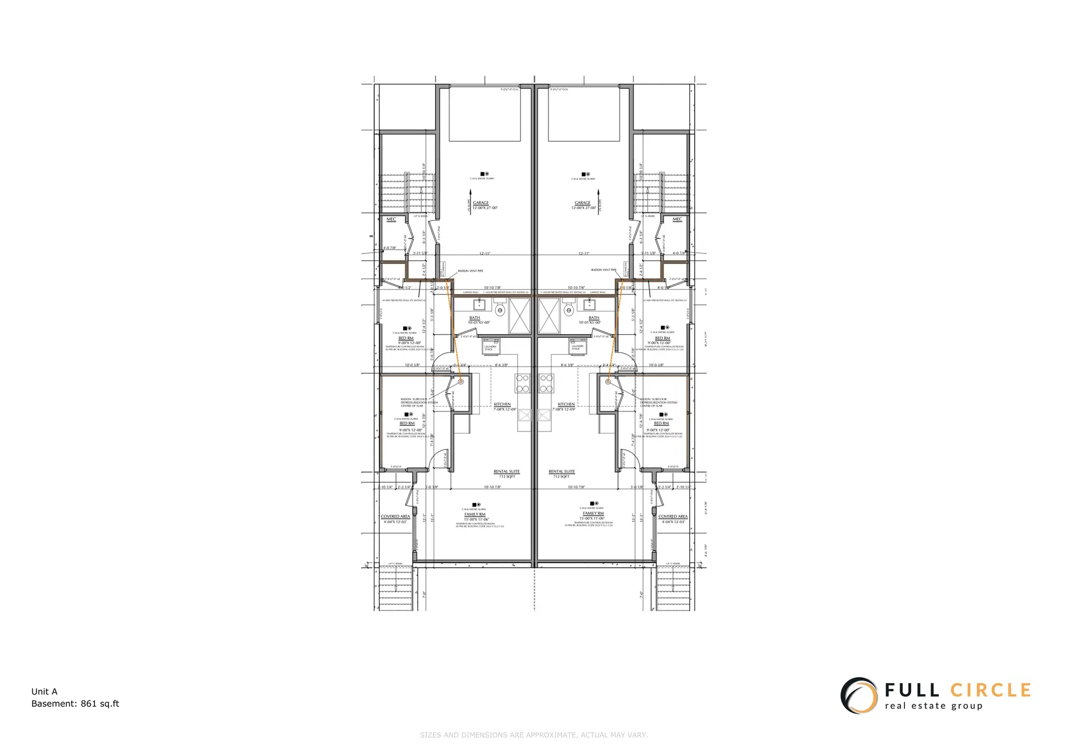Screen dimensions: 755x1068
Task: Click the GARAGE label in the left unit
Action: [x=481, y=203]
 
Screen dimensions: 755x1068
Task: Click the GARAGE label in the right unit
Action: [x=582, y=203]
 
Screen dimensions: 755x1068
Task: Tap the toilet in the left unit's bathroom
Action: [x=500, y=310]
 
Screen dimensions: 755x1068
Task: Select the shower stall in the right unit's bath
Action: [x=548, y=315]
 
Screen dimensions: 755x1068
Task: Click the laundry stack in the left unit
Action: [x=490, y=346]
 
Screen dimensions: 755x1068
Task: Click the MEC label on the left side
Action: [x=391, y=220]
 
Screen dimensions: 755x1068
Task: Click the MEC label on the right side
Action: [x=677, y=220]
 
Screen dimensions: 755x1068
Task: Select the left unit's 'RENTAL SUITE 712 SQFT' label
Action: [x=507, y=474]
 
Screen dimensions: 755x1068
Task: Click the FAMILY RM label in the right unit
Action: [x=594, y=514]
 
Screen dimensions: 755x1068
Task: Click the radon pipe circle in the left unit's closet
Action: [x=461, y=382]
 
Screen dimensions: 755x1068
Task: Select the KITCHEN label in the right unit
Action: [x=566, y=404]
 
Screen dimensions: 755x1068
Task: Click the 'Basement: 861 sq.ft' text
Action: [x=75, y=704]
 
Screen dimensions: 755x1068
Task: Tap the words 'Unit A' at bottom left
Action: [x=44, y=692]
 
